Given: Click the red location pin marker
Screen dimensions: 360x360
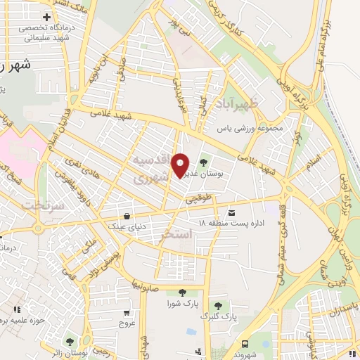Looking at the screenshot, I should coord(181,165).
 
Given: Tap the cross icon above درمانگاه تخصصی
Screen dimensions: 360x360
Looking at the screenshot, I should coord(46,17).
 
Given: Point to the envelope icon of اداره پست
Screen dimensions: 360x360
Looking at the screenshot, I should coord(231,212).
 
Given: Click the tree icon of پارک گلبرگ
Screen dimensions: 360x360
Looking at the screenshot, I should coord(218,306).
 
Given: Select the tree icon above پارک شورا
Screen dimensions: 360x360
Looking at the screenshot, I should coord(183,292).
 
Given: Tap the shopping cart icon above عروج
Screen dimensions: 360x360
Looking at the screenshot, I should coord(126,313).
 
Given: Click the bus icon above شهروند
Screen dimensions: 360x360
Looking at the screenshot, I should coord(245,344).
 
